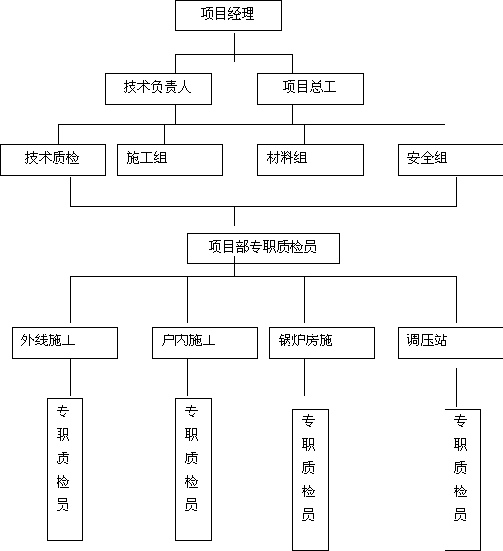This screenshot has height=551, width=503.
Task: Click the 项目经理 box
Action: (x=228, y=16)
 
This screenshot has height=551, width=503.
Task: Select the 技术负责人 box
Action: (x=159, y=89)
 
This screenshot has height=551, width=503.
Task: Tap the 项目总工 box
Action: (x=311, y=89)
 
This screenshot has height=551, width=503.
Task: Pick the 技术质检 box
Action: (x=53, y=160)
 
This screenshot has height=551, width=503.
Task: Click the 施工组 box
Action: (x=170, y=160)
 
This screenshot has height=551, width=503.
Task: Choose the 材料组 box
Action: (x=311, y=160)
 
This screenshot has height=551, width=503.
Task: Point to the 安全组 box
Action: (x=450, y=160)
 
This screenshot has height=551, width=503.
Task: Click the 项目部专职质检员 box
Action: (x=263, y=249)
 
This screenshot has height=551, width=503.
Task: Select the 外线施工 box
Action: (x=64, y=342)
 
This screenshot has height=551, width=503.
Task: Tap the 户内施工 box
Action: (x=205, y=342)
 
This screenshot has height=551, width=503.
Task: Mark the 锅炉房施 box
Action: (x=322, y=342)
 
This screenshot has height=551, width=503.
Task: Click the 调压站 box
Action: (x=450, y=342)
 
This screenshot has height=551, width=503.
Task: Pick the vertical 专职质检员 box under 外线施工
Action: (x=65, y=469)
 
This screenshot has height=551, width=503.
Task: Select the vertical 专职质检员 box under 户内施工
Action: (x=194, y=469)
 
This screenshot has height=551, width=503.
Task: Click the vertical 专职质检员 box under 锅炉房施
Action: (x=311, y=480)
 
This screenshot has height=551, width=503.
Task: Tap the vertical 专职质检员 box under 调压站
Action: (x=463, y=480)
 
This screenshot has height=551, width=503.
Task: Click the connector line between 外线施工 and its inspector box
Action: (x=70, y=378)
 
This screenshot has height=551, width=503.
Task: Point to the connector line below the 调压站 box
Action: (x=456, y=388)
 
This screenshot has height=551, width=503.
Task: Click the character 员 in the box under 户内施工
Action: (x=191, y=505)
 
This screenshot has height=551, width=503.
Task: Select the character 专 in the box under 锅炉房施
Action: (x=308, y=420)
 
